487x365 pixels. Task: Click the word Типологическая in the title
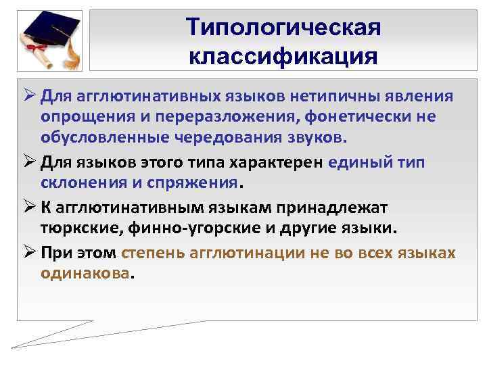284,28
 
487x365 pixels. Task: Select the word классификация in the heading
283,56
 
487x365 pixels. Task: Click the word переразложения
221,118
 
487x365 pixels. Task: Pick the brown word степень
152,253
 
